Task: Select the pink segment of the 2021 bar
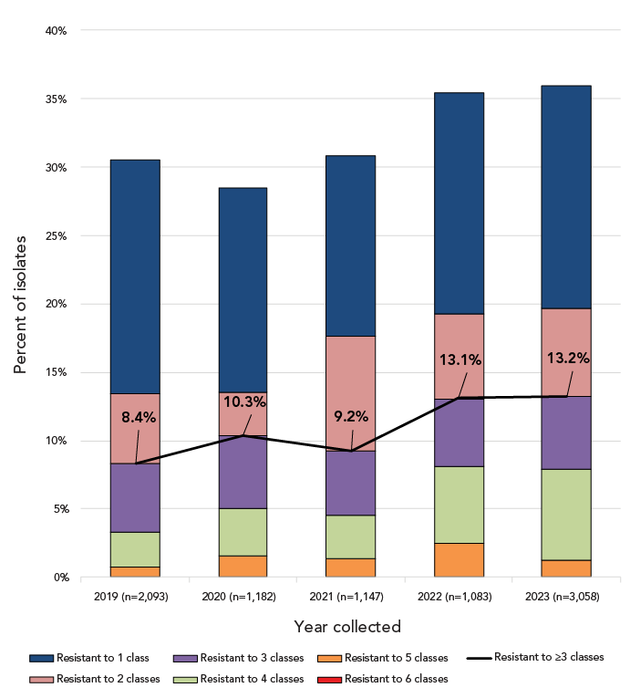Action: (351, 383)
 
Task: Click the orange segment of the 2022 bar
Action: (459, 560)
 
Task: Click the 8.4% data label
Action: (139, 417)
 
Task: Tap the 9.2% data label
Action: (351, 417)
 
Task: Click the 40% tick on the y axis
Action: (56, 30)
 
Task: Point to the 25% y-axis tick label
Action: (56, 235)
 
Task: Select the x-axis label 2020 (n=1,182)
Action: (243, 596)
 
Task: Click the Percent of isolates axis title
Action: (20, 304)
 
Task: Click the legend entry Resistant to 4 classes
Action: (252, 678)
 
